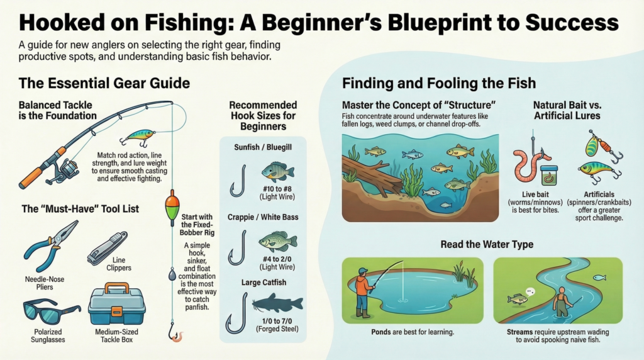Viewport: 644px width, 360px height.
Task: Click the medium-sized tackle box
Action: (x=116, y=305)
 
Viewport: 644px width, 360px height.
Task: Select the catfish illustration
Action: (x=277, y=303)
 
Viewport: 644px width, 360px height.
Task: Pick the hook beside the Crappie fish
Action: (x=237, y=247)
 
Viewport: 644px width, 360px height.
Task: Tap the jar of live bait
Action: (x=549, y=174)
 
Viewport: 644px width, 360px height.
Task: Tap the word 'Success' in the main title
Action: (x=566, y=23)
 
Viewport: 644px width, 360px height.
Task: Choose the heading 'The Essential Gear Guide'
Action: (x=104, y=83)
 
